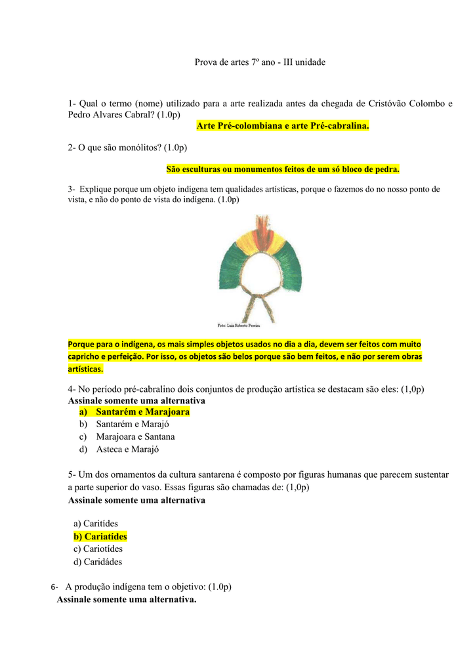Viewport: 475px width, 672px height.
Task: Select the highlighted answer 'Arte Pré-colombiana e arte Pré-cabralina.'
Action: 283,125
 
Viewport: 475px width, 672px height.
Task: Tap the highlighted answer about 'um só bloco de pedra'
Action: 283,169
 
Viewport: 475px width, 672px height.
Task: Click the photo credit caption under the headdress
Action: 238,325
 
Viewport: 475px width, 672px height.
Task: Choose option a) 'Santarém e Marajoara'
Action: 142,412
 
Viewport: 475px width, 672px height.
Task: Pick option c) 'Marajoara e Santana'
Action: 135,437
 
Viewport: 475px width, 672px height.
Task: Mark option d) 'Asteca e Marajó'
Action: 127,450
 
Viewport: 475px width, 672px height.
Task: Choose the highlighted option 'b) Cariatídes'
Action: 100,536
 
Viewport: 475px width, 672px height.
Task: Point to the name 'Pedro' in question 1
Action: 80,115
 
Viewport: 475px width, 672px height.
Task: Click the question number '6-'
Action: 54,587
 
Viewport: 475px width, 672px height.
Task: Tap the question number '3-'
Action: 72,189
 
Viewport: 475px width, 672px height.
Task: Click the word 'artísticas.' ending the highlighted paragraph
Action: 85,369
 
